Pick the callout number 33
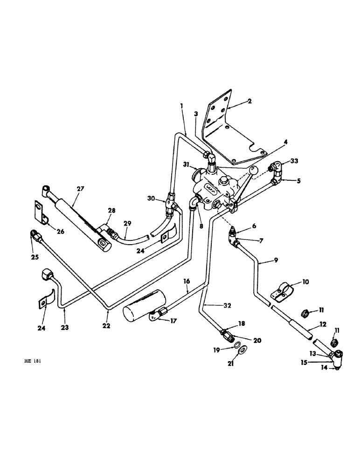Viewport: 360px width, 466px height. click(294, 161)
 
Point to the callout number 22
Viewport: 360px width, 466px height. click(107, 326)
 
